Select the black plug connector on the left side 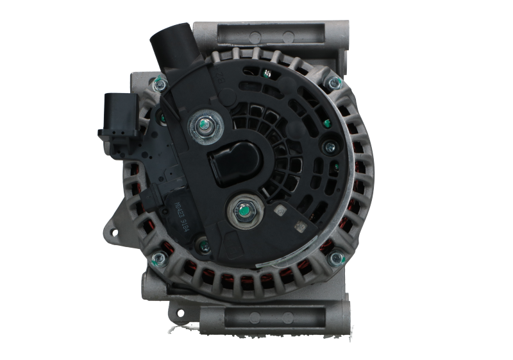click(114, 116)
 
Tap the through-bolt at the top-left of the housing click(158, 81)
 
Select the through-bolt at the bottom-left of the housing click(159, 259)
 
